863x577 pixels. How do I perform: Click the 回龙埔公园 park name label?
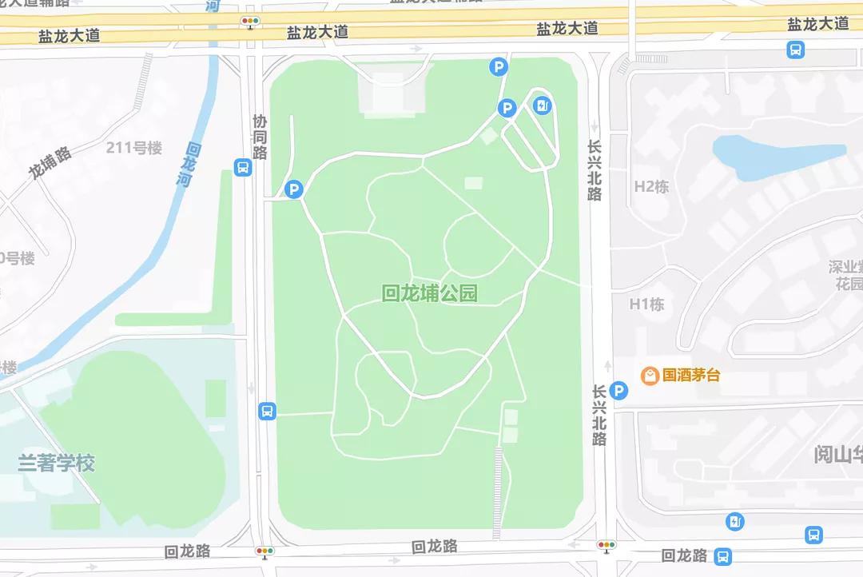(x=430, y=293)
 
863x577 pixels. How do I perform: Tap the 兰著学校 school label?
(x=57, y=463)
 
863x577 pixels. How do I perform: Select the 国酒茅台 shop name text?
(x=691, y=374)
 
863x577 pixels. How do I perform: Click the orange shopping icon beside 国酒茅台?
(x=650, y=374)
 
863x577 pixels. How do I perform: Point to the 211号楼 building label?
(x=134, y=148)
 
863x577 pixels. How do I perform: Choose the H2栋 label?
(x=651, y=187)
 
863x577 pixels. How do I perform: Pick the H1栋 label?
(x=646, y=304)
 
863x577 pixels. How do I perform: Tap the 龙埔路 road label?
(x=50, y=162)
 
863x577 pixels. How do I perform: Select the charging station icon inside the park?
(x=543, y=105)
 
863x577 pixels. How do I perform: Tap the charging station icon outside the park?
(x=734, y=522)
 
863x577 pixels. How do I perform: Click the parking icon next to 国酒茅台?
(x=618, y=391)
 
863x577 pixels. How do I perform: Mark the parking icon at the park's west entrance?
(x=294, y=189)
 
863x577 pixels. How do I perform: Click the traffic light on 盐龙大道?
(x=251, y=22)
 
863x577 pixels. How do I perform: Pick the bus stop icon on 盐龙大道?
(x=795, y=50)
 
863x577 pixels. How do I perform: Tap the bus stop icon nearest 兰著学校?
(x=267, y=411)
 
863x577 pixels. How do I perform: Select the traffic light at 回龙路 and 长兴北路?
(x=606, y=546)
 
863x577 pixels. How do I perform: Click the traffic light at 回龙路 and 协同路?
(x=264, y=551)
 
